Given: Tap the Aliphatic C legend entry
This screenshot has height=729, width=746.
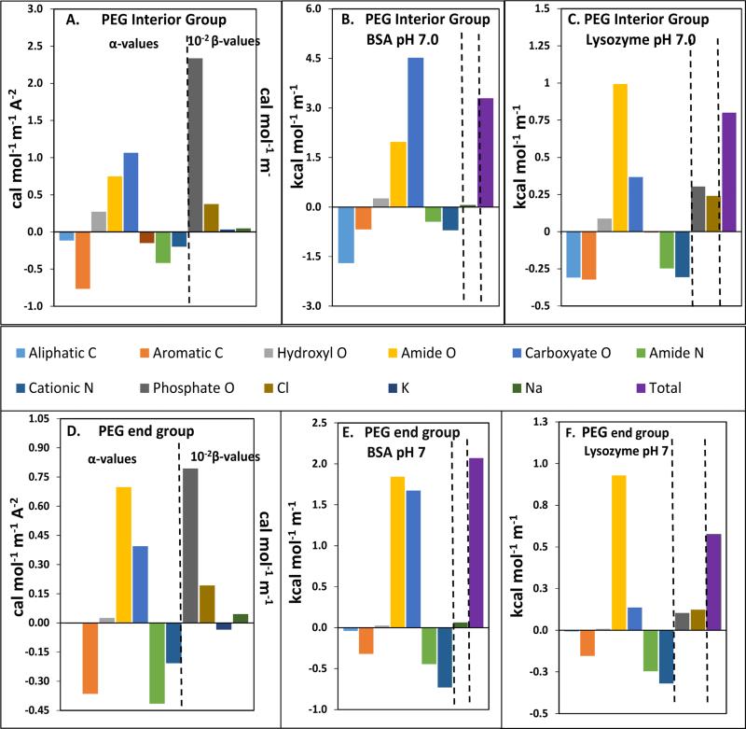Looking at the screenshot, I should coord(75,353).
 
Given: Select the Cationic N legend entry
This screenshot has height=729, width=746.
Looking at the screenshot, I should coord(75,380).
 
